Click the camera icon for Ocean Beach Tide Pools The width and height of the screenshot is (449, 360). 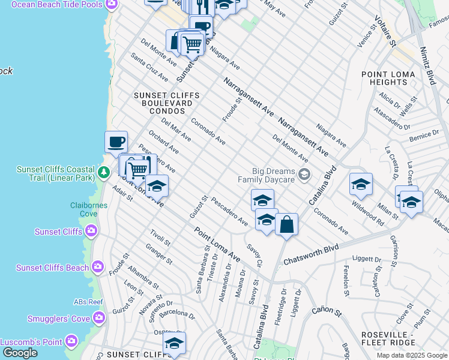point(110,4)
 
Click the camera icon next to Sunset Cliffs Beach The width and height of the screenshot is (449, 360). point(98,267)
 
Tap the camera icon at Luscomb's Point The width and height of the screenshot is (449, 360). point(72,341)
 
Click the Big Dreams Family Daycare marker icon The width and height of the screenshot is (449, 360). point(304,175)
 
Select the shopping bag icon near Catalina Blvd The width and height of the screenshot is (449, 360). point(287,225)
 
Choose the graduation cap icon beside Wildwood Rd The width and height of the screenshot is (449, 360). point(361,185)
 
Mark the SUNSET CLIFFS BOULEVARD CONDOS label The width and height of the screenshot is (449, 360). point(163,103)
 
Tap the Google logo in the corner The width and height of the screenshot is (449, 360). point(20,352)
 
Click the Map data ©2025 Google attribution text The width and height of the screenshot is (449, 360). point(412,355)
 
